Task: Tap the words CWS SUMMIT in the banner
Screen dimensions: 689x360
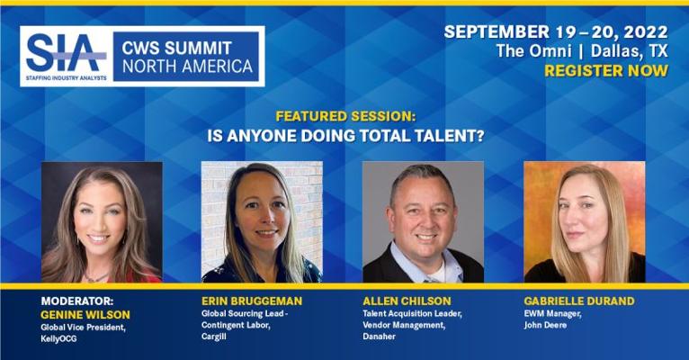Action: pyautogui.click(x=176, y=48)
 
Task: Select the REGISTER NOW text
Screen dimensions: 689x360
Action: pyautogui.click(x=606, y=71)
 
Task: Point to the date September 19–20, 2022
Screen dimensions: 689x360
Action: pyautogui.click(x=556, y=32)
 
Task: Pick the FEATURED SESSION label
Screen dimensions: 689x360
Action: pyautogui.click(x=345, y=116)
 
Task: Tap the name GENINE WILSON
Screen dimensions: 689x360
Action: pyautogui.click(x=85, y=315)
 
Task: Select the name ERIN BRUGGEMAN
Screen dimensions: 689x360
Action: pyautogui.click(x=252, y=301)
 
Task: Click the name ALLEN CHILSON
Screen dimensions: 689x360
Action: pyautogui.click(x=407, y=301)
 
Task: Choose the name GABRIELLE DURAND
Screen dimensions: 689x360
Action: pyautogui.click(x=579, y=301)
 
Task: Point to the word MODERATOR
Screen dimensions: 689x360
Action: pyautogui.click(x=76, y=301)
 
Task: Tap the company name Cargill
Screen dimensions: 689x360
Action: pyautogui.click(x=214, y=337)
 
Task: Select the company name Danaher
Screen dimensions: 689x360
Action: pyautogui.click(x=380, y=337)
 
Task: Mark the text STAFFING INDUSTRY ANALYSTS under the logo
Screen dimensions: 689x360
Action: pyautogui.click(x=67, y=78)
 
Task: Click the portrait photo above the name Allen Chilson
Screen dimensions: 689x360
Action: pyautogui.click(x=423, y=222)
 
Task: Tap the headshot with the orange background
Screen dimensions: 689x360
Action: pyautogui.click(x=585, y=222)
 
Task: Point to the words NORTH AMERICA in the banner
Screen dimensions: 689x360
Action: pyautogui.click(x=188, y=67)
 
